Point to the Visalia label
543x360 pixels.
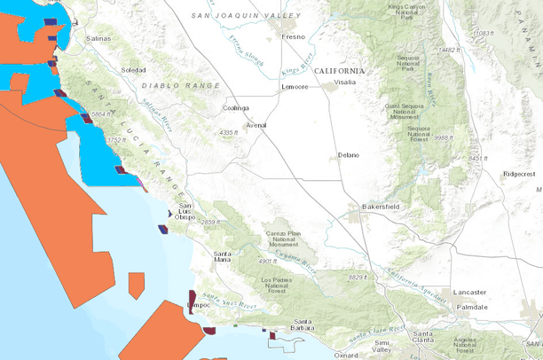tap(344, 82)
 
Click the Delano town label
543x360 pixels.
tap(349, 155)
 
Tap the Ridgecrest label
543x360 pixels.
tap(521, 174)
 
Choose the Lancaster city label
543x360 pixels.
tap(468, 292)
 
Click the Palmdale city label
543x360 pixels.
tap(472, 307)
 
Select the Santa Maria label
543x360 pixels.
tap(228, 257)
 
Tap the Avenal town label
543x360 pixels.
tap(256, 126)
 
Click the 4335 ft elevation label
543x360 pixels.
tap(230, 132)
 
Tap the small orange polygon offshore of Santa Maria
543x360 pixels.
tap(136, 285)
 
